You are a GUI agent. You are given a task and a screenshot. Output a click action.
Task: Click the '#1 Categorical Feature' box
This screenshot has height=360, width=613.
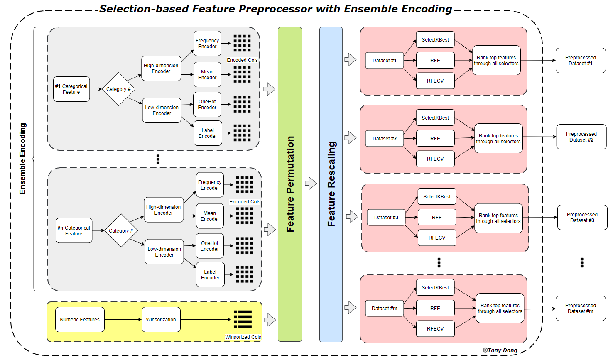pos(71,89)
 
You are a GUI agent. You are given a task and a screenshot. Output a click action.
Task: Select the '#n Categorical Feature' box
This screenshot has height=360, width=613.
pos(74,231)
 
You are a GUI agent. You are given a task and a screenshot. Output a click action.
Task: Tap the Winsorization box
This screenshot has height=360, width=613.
pos(161,320)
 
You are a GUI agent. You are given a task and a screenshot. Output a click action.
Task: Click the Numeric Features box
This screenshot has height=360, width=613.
pos(80,320)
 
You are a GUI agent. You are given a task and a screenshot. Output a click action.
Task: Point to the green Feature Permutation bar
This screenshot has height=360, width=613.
pos(290,184)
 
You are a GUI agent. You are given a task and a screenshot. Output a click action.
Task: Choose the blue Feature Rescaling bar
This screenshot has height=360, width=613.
pos(331,184)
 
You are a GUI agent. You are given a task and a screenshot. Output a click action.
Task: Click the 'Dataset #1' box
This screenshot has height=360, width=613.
pos(385,61)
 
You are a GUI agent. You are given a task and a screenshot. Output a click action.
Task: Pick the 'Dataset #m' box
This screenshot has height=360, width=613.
pos(385,309)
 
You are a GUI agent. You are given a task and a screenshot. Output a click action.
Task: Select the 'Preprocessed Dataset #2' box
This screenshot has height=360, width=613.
pos(581,137)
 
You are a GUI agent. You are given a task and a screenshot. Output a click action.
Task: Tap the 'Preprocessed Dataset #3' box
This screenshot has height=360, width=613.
pos(582,218)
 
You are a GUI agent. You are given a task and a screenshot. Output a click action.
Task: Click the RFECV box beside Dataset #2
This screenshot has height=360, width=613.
pos(435,159)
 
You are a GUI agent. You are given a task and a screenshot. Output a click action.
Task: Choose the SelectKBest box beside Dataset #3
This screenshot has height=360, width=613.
pos(437,197)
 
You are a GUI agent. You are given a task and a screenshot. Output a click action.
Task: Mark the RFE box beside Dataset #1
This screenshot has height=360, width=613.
pos(435,61)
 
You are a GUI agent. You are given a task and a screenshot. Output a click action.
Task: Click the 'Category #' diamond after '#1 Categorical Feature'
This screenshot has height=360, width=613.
pos(119,89)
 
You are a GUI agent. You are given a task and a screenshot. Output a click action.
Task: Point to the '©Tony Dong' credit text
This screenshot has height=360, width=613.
pos(500,350)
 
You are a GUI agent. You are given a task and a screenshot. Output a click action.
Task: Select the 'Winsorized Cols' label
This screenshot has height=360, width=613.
pos(243,337)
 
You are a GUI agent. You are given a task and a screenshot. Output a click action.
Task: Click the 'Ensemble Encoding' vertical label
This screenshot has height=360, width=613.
pos(23,159)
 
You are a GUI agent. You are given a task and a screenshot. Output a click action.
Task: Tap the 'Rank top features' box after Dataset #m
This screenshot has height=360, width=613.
pos(500,309)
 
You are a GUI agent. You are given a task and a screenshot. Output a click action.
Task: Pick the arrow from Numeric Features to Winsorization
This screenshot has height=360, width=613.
pos(123,320)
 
